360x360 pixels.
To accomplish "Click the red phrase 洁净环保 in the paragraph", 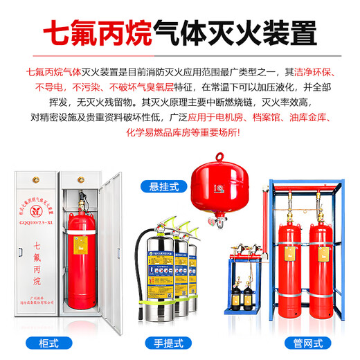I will (314, 71).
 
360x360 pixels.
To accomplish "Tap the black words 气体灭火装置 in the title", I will (241, 33).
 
